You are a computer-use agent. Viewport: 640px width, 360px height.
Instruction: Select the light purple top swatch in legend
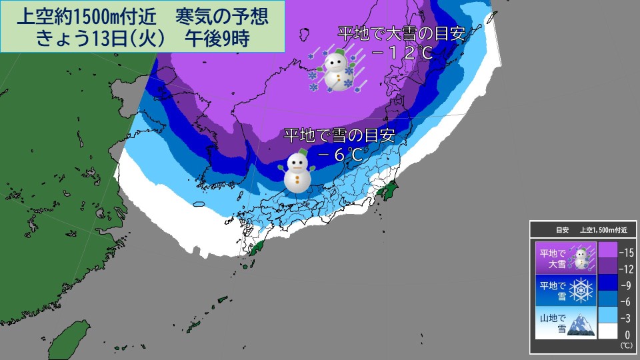pos(607,250)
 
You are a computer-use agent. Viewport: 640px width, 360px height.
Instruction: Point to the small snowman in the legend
pos(583,257)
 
